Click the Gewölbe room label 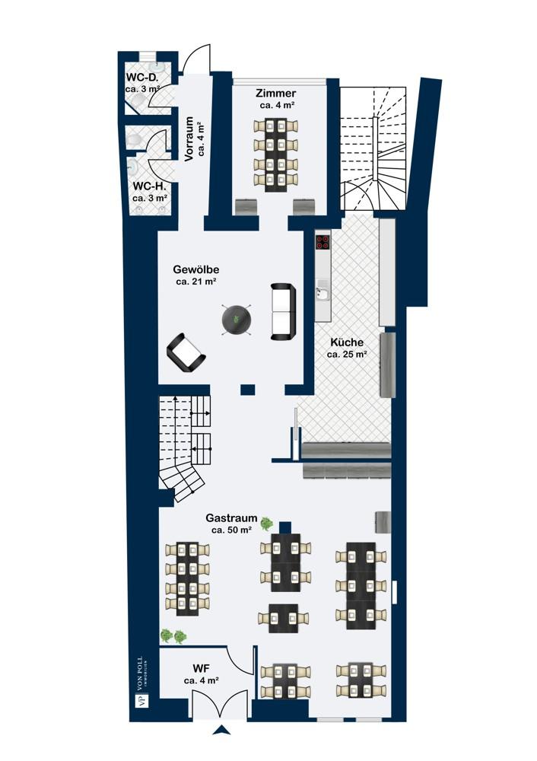pos(196,269)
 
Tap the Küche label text pos(347,342)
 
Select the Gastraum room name pos(231,517)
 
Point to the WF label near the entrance pos(201,669)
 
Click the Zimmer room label pos(276,93)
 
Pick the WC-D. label pos(142,77)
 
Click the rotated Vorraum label pos(189,139)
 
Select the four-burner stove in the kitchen pos(323,242)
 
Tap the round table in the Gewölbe pos(237,320)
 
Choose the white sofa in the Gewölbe pos(283,311)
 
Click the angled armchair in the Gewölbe pos(186,353)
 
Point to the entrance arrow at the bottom pos(221,730)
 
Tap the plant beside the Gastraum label pos(267,523)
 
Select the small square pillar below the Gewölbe pos(248,389)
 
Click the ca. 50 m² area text pos(231,530)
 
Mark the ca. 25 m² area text pos(347,355)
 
